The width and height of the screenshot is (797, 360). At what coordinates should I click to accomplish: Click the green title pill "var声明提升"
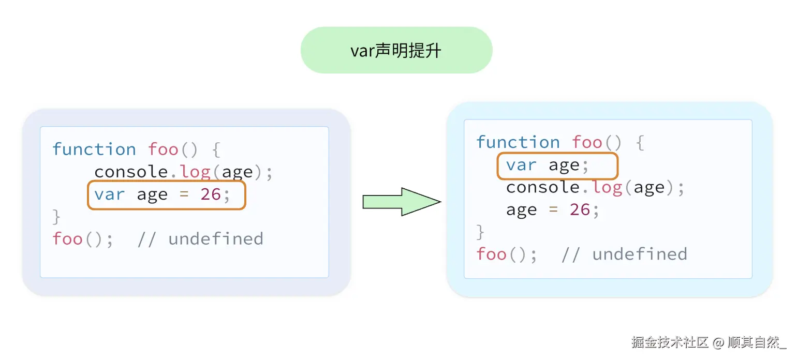pos(396,50)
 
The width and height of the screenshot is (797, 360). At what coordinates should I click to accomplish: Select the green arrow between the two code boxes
pos(401,201)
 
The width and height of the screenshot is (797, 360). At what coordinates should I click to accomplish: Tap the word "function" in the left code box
pos(94,149)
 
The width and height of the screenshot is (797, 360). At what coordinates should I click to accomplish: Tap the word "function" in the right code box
pos(518,142)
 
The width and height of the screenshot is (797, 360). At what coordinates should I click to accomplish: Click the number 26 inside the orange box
pos(211,194)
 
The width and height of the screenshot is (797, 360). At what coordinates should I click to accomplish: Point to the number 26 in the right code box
pos(580,209)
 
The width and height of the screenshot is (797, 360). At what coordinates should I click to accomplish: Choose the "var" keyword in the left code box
pos(109,194)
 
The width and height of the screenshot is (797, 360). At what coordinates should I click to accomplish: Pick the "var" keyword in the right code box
pos(521,166)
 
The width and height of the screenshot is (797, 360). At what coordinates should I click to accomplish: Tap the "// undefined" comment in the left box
pos(200,239)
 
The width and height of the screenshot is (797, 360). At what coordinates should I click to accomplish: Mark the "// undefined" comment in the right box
pos(624,254)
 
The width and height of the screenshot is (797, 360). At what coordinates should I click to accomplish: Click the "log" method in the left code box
pos(195,172)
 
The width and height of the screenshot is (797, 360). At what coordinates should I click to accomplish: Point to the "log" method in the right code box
pos(607,187)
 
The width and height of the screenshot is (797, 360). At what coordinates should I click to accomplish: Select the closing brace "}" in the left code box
pos(56,217)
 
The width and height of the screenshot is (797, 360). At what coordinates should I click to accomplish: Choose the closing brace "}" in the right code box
pos(480,232)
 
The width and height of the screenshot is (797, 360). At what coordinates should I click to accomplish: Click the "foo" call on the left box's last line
pos(67,239)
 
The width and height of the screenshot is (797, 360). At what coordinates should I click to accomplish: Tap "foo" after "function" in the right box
pos(587,142)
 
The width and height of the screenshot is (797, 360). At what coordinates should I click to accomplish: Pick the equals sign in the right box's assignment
pos(553,209)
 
